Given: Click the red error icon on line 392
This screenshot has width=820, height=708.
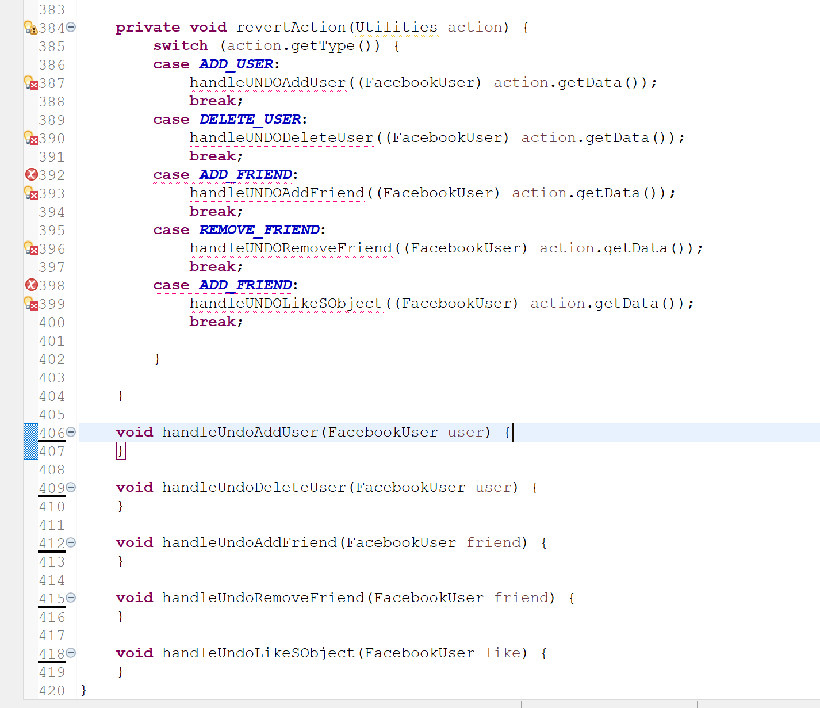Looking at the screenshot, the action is point(32,174).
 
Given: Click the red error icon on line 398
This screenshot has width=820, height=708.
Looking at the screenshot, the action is point(32,285).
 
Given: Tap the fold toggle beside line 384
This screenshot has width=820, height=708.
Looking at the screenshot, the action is point(71,27).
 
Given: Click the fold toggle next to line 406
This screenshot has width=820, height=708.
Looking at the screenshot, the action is point(71,432).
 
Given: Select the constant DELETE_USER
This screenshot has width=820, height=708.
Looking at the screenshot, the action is point(250,119).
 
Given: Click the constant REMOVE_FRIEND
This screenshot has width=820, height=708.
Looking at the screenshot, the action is point(259,229).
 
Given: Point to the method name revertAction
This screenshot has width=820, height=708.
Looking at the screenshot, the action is point(291,27).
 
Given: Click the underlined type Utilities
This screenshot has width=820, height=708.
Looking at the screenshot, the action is point(396,27).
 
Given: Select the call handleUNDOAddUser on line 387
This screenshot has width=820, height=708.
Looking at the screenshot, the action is point(268,82).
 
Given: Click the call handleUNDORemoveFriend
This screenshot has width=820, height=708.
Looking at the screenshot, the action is point(291,248).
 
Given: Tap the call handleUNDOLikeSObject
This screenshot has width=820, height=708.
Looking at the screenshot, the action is point(286,303).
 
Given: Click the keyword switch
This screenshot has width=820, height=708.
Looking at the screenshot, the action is point(181,45).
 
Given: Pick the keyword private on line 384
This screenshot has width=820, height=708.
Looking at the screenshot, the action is point(148,27).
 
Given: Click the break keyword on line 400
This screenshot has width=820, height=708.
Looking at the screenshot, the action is point(212,322).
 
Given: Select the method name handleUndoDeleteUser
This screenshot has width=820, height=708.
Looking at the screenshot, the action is point(254,487).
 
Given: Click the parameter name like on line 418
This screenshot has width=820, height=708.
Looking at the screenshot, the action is point(503,653).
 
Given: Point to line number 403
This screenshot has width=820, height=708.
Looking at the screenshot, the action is point(52,378).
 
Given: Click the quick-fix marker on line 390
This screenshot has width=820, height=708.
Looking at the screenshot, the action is point(31,138).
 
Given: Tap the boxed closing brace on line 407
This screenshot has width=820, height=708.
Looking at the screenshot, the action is point(121,450).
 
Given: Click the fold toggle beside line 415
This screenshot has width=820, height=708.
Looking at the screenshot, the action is point(71,598).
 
